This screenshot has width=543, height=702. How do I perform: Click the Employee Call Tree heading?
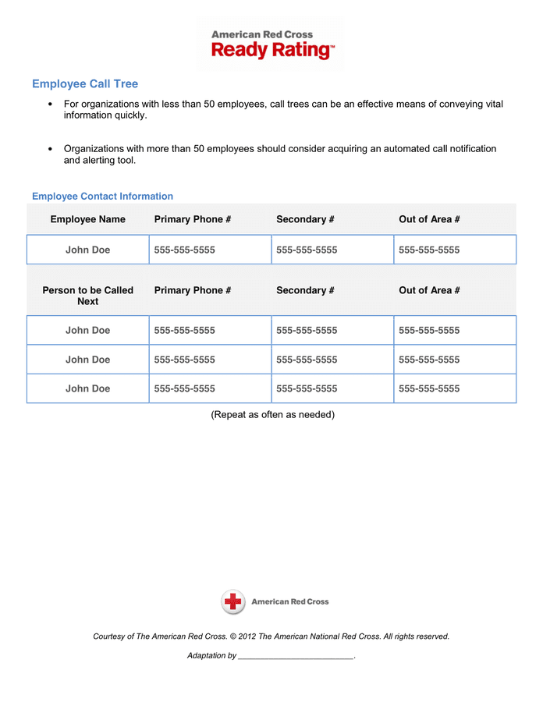(85, 84)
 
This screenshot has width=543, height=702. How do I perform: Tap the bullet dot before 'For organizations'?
(51, 105)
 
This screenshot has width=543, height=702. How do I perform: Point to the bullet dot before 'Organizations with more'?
(51, 149)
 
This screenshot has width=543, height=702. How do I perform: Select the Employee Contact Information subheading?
(102, 197)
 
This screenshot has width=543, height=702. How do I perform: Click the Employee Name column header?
(87, 219)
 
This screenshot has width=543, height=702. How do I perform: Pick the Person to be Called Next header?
(87, 296)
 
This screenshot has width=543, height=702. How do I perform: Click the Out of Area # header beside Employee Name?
(428, 219)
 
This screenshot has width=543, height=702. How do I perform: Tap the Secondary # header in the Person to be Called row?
(305, 290)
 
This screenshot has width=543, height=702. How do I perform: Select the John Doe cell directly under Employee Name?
(87, 250)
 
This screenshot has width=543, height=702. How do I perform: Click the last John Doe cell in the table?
(87, 388)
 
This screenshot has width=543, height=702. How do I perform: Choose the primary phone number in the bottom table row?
(184, 388)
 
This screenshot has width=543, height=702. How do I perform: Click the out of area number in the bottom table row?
(428, 388)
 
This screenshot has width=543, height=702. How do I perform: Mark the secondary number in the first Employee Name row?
(307, 250)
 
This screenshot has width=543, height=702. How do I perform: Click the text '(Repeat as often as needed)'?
(272, 414)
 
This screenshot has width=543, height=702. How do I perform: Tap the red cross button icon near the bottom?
(232, 601)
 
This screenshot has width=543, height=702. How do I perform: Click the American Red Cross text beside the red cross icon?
(289, 601)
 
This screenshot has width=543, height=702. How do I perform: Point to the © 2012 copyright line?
(271, 636)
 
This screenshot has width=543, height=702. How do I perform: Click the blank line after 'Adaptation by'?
(295, 657)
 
